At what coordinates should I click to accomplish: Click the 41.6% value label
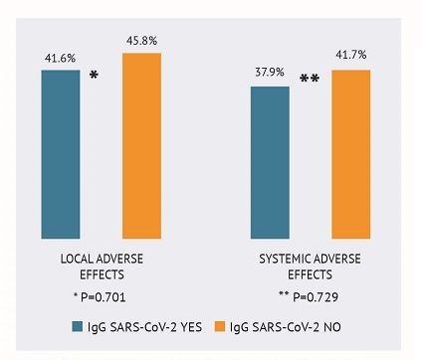[59, 60]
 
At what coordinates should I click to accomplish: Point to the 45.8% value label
[141, 41]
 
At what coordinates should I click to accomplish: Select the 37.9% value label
[269, 77]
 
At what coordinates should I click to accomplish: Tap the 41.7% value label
[350, 59]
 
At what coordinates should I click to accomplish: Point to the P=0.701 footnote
[102, 295]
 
